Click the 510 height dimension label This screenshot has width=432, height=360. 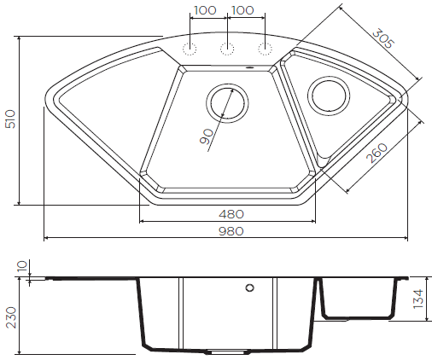tap(10, 119)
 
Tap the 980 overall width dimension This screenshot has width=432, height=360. tap(231, 231)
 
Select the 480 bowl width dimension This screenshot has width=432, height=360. tap(231, 214)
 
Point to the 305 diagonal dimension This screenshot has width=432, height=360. tap(383, 38)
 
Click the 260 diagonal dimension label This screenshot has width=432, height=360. tap(377, 153)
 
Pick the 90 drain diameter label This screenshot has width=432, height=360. tap(207, 136)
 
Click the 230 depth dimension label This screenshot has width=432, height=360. tap(11, 317)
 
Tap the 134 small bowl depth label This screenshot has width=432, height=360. tap(418, 299)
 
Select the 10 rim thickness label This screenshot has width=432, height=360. tap(23, 266)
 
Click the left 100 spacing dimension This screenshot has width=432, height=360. tap(205, 10)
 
